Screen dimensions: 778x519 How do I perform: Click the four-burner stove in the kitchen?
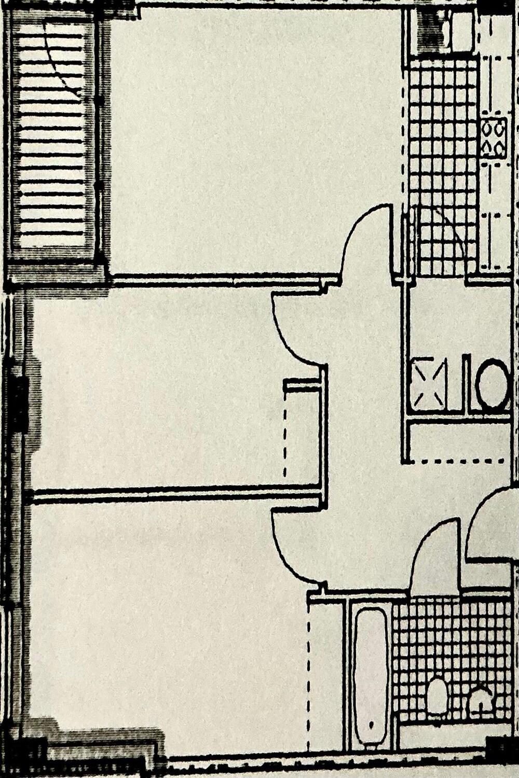point(493,138)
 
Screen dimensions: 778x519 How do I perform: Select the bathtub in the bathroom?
point(371,669)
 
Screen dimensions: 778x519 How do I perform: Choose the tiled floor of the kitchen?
point(441,156)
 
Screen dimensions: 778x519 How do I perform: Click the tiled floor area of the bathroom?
point(452,638)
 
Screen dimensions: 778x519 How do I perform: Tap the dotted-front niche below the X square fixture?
point(457,441)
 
